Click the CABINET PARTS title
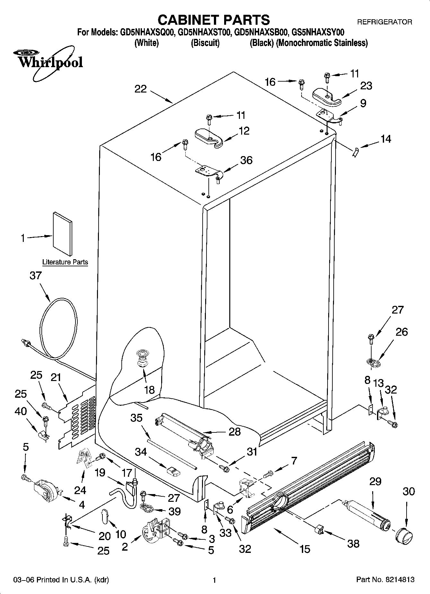(x=214, y=20)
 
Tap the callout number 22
(x=141, y=89)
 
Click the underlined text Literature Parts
(x=65, y=262)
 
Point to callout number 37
(x=36, y=276)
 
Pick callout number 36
(x=246, y=160)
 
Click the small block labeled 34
(x=173, y=471)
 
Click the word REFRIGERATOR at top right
(x=384, y=22)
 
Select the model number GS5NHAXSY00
(x=318, y=32)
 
